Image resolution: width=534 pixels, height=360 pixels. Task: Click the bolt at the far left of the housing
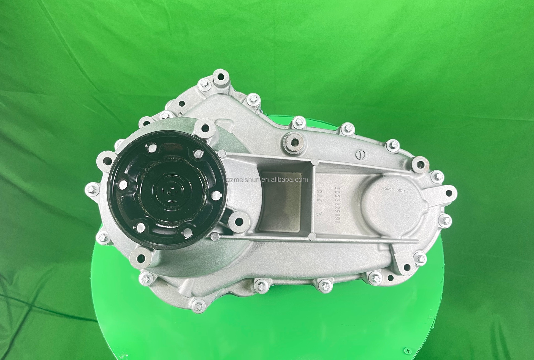(91, 189)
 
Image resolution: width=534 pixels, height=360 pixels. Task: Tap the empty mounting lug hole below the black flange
(141, 258)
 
